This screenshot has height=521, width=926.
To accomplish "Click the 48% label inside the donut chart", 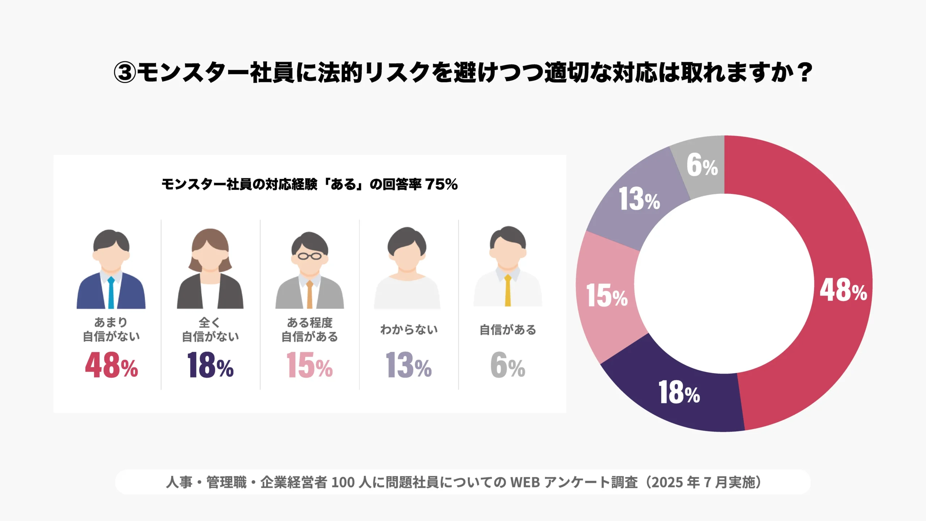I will coord(843,290).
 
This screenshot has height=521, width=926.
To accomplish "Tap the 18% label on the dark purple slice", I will coord(679,392).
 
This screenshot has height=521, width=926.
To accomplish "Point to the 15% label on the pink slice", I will coord(607,296).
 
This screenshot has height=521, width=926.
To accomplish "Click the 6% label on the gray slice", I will coord(702,165).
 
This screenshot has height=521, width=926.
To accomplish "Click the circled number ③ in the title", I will coord(125,73).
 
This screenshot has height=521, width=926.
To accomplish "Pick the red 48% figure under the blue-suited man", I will coord(111,365).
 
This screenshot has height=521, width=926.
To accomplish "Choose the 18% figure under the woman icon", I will coord(210,365).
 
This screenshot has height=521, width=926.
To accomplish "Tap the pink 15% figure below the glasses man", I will coord(309,365).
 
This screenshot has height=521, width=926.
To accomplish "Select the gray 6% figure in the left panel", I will coord(507,365).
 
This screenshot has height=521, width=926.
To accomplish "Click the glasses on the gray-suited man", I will coord(309,257).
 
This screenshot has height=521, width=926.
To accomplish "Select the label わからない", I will coord(409,330).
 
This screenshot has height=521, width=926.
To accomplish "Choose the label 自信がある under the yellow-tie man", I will coord(507,330).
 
